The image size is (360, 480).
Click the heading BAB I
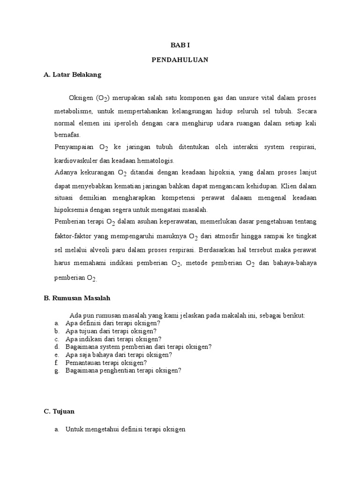pos(180,45)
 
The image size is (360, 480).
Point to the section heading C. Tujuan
pos(59,412)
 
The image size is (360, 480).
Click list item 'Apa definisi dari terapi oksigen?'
pos(113,323)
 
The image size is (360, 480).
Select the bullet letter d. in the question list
pos(56,347)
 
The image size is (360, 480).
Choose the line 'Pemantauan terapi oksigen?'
pos(106,362)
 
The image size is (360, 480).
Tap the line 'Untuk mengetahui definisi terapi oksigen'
pos(126,429)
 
